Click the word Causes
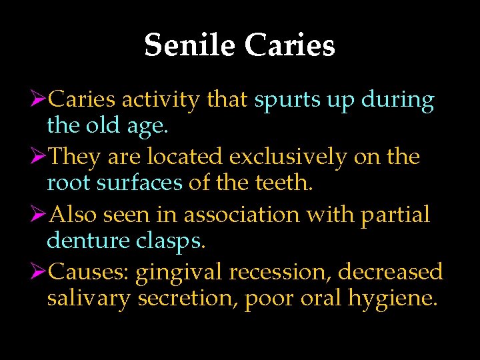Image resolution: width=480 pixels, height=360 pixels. [91, 272]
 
